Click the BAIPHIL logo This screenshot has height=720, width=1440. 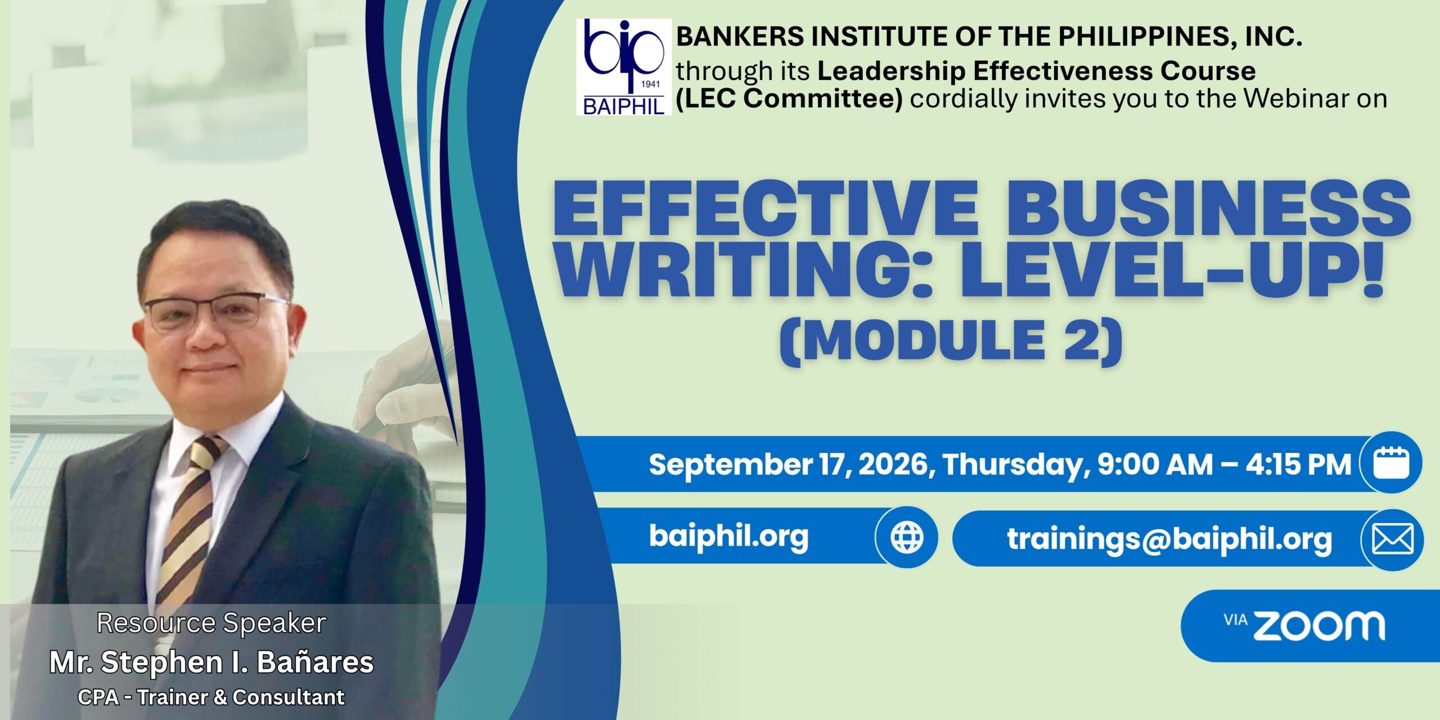coord(624,67)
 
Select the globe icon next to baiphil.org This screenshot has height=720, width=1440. coord(907,538)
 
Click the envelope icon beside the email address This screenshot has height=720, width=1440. coord(1392,540)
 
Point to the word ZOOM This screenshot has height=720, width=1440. coord(1319,626)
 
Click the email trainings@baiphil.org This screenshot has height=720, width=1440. coord(1169,539)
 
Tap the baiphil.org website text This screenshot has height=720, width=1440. coord(729,535)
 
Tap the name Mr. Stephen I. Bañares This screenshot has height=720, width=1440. coord(211,662)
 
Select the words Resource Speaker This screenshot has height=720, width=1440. coord(211,623)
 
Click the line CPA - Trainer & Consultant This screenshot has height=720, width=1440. coord(211,697)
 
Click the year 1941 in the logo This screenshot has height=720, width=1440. coord(650,85)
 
